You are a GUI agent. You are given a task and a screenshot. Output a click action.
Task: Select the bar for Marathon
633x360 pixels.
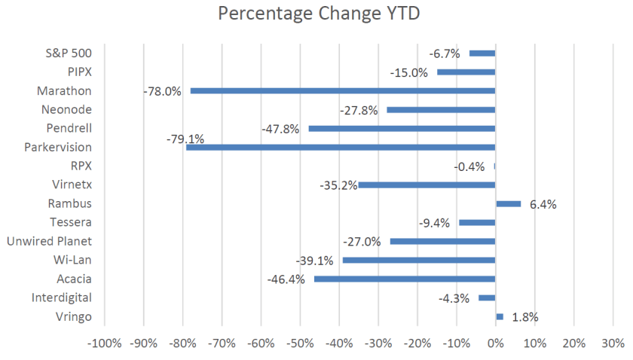tap(343, 90)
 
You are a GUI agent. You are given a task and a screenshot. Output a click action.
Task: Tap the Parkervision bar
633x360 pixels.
tap(341, 147)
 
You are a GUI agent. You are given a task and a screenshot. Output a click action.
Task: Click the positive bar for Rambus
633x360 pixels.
tap(508, 203)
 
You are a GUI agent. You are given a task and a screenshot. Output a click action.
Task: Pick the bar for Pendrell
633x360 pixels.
tap(402, 128)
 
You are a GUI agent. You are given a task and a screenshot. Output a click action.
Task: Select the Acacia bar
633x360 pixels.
tap(405, 279)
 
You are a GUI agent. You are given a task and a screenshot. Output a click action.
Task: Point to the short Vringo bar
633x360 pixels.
tap(500, 316)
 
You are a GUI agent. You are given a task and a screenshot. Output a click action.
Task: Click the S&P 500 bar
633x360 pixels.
tap(482, 53)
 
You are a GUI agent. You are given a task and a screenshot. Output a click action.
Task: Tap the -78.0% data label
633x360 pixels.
tap(162, 91)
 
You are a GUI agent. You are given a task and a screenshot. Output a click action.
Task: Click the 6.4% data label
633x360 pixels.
tap(543, 204)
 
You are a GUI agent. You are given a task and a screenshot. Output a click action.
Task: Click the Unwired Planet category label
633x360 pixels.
tap(49, 241)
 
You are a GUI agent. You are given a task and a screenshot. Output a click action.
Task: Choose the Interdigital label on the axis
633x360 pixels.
tap(62, 297)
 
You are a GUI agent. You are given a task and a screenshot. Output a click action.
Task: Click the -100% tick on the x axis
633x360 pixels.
tap(104, 343)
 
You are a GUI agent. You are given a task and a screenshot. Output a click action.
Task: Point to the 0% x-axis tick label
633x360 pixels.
tap(495, 343)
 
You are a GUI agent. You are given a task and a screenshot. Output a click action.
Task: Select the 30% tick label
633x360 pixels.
tap(613, 343)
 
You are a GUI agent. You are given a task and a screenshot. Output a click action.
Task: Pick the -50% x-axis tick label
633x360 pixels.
tap(300, 343)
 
